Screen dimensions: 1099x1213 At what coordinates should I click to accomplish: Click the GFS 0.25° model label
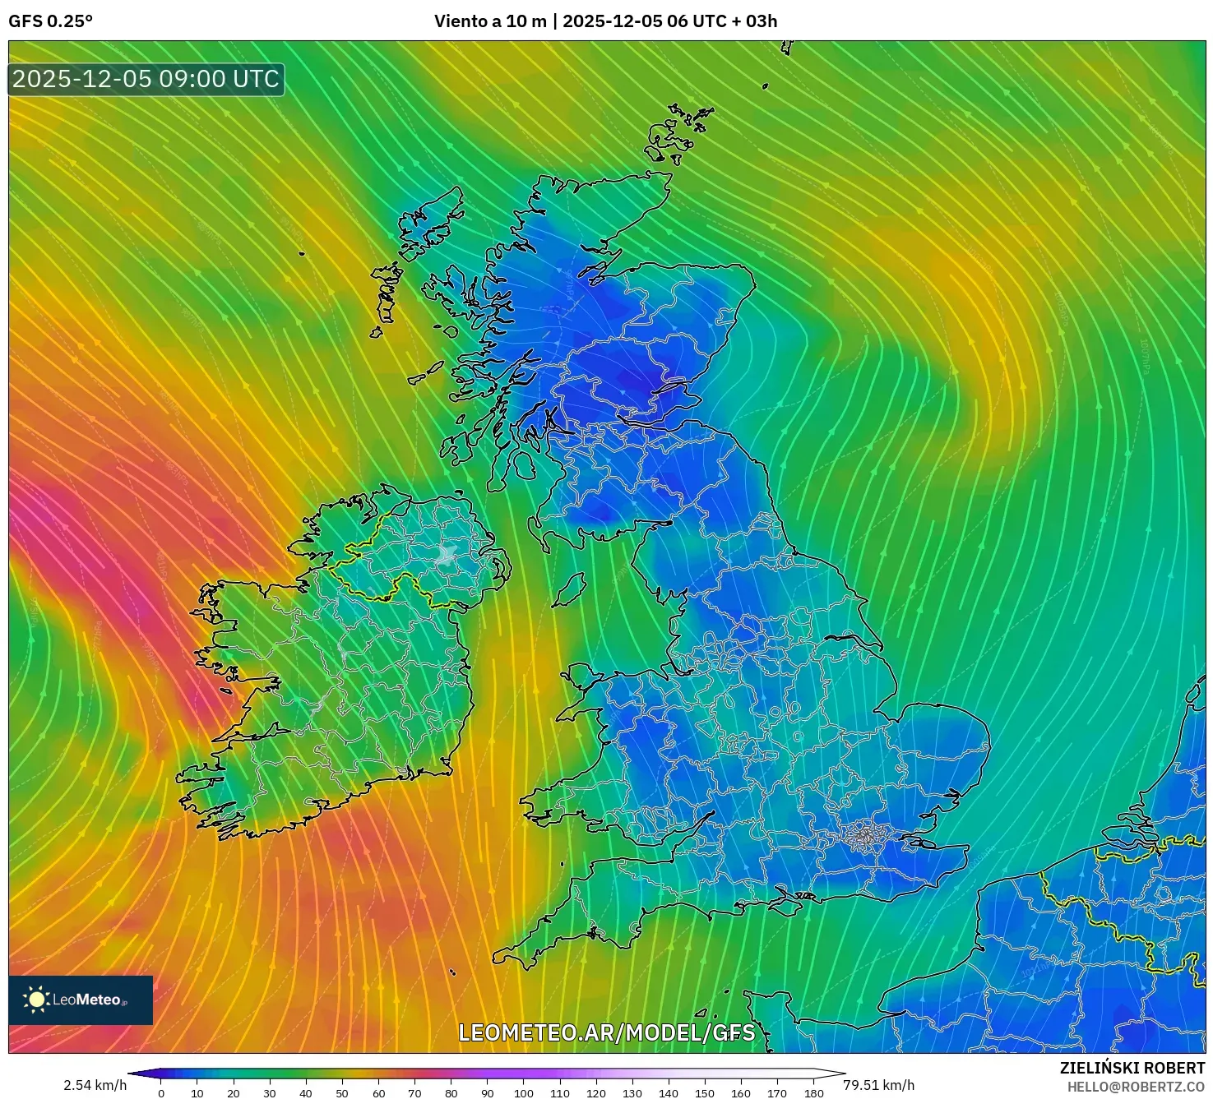[50, 21]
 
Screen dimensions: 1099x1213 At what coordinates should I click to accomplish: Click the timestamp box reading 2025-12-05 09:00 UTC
[146, 79]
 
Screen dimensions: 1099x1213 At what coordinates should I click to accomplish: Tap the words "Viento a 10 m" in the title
[490, 21]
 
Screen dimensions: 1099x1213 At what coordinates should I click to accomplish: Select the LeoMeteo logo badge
[81, 1000]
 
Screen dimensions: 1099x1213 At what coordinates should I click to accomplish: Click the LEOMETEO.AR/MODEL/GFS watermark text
[606, 1032]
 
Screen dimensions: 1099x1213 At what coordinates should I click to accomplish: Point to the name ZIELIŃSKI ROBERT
[1132, 1068]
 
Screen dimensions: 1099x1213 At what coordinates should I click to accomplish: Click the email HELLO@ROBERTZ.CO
[1136, 1087]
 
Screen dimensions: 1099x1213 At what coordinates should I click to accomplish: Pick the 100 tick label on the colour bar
[524, 1093]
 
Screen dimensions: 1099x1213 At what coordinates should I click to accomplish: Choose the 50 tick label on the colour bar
[342, 1093]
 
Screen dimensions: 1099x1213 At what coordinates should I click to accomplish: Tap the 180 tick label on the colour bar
[814, 1093]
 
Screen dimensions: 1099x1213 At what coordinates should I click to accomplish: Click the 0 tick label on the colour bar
[161, 1093]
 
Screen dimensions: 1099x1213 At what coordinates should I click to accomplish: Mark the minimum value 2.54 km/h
[95, 1085]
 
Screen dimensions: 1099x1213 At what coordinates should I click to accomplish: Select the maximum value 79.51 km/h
[879, 1085]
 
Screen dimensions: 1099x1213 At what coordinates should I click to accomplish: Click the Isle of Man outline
[568, 589]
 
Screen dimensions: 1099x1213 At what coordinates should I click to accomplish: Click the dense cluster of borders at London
[862, 836]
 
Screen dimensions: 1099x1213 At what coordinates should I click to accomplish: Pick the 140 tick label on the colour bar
[669, 1093]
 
